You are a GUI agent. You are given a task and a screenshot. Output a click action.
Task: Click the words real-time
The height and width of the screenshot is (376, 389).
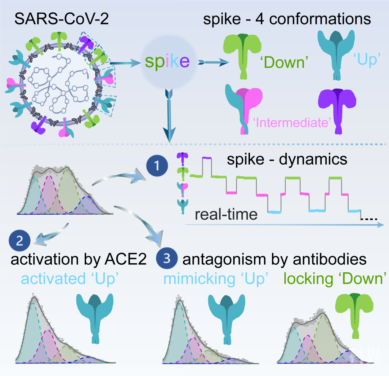(227, 214)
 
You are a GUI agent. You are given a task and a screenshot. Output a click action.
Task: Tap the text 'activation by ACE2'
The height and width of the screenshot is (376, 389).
(78, 259)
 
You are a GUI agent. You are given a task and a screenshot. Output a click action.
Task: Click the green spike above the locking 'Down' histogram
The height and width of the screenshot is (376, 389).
(354, 310)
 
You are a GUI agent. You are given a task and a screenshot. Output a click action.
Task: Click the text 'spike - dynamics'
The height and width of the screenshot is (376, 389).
(287, 159)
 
